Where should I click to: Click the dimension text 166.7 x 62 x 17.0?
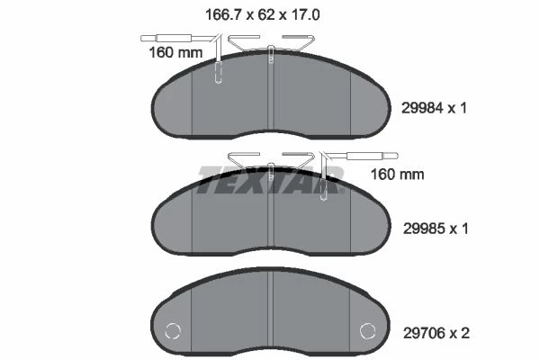click(263, 14)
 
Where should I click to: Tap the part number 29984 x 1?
click(435, 108)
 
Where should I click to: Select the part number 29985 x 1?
click(436, 229)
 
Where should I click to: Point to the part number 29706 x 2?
click(436, 333)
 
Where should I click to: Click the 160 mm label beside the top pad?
click(175, 53)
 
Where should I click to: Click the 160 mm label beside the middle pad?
click(397, 175)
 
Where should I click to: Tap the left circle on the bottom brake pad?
click(173, 331)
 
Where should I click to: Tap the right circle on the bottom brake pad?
click(368, 331)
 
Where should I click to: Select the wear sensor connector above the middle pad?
click(373, 156)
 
